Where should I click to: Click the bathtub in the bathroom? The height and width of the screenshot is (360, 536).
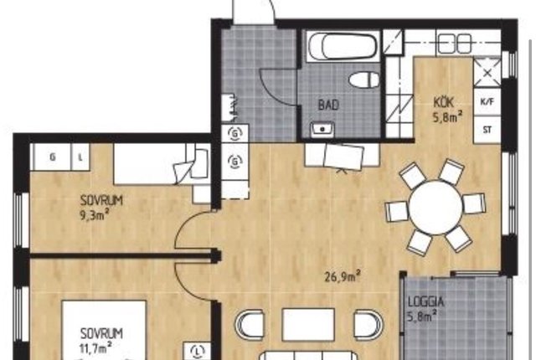pos(343,46)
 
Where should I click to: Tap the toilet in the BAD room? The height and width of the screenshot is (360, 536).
pos(364,80)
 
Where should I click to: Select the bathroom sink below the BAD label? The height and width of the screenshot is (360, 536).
pos(322,130)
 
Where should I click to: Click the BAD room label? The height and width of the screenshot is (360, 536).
pos(328,105)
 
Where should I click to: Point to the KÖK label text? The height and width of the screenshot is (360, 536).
pos(443,102)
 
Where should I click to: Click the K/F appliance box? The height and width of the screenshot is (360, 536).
pos(487,102)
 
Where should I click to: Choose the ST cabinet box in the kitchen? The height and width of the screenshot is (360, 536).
pos(487,130)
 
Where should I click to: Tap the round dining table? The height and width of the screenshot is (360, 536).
pos(435,208)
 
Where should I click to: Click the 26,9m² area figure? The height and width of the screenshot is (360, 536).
pos(343,276)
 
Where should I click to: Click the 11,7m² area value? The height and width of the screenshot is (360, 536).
pos(95,348)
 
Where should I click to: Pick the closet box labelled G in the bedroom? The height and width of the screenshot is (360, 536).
pos(52,157)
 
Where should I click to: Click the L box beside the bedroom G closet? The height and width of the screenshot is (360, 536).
pos(80,157)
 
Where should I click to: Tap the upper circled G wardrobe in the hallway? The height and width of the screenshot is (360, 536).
pos(234,134)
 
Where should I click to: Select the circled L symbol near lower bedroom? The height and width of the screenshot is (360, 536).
pos(198,351)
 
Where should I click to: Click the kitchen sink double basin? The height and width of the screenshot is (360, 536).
pos(454,43)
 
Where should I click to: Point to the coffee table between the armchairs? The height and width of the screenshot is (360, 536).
pos(308,325)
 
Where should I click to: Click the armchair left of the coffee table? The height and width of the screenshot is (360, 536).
pos(250,325)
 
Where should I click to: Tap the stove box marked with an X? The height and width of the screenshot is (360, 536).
pos(487,72)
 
